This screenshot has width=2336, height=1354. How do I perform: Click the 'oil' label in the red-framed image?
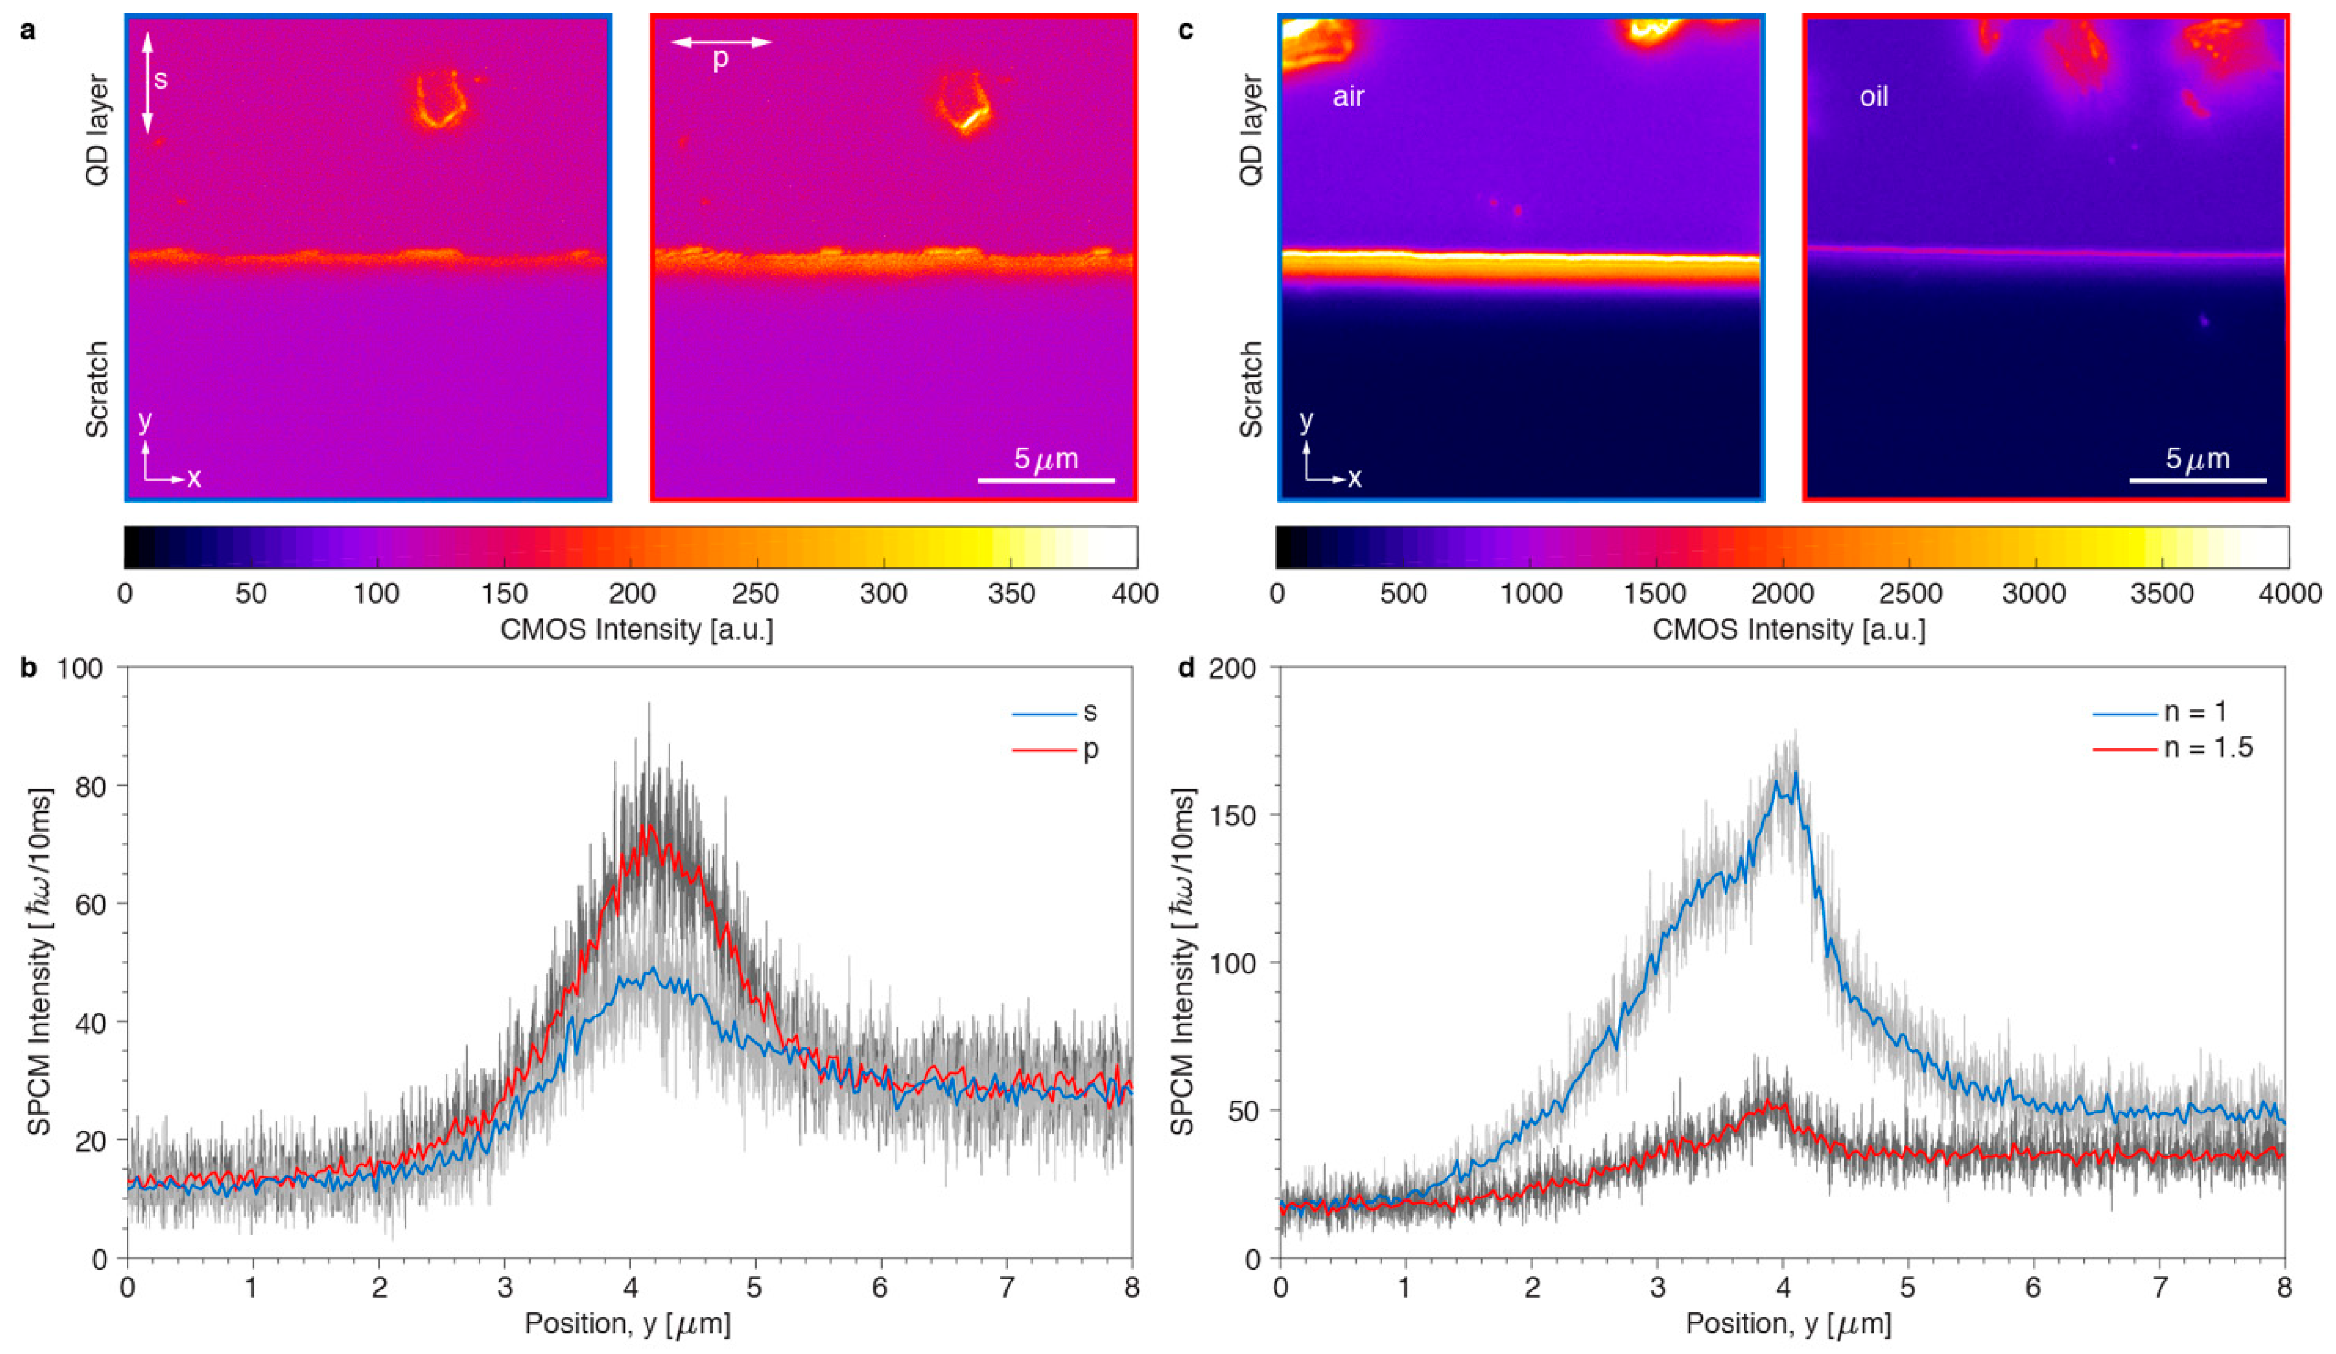click(x=1874, y=97)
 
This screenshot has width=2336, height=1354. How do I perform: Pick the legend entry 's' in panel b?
click(x=1090, y=712)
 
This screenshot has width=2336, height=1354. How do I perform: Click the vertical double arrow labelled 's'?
click(x=146, y=82)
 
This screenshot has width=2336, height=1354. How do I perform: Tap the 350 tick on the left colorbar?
click(x=1010, y=593)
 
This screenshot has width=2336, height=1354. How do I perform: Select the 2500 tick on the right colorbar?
click(x=1909, y=593)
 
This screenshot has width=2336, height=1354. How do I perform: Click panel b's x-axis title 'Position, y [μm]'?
click(x=628, y=1323)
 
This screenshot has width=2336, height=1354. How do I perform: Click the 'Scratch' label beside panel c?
click(x=1251, y=389)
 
